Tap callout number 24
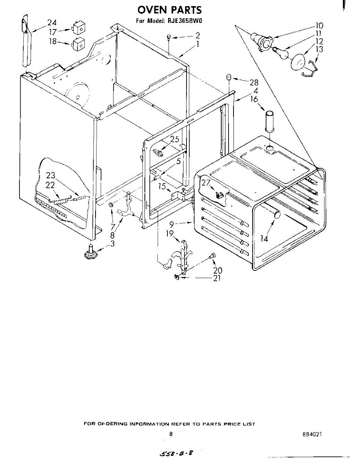[x=52, y=23]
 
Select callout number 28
[x=254, y=82]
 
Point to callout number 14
[x=264, y=239]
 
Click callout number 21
[x=217, y=278]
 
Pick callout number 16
[x=254, y=99]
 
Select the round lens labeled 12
[x=298, y=62]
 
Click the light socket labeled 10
[x=261, y=41]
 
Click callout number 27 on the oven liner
[x=206, y=182]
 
